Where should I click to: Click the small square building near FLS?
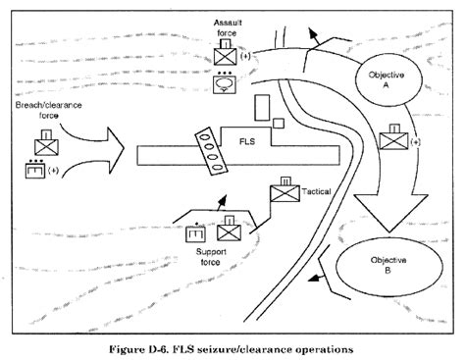pyautogui.click(x=280, y=122)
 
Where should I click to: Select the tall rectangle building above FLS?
pyautogui.click(x=261, y=106)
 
